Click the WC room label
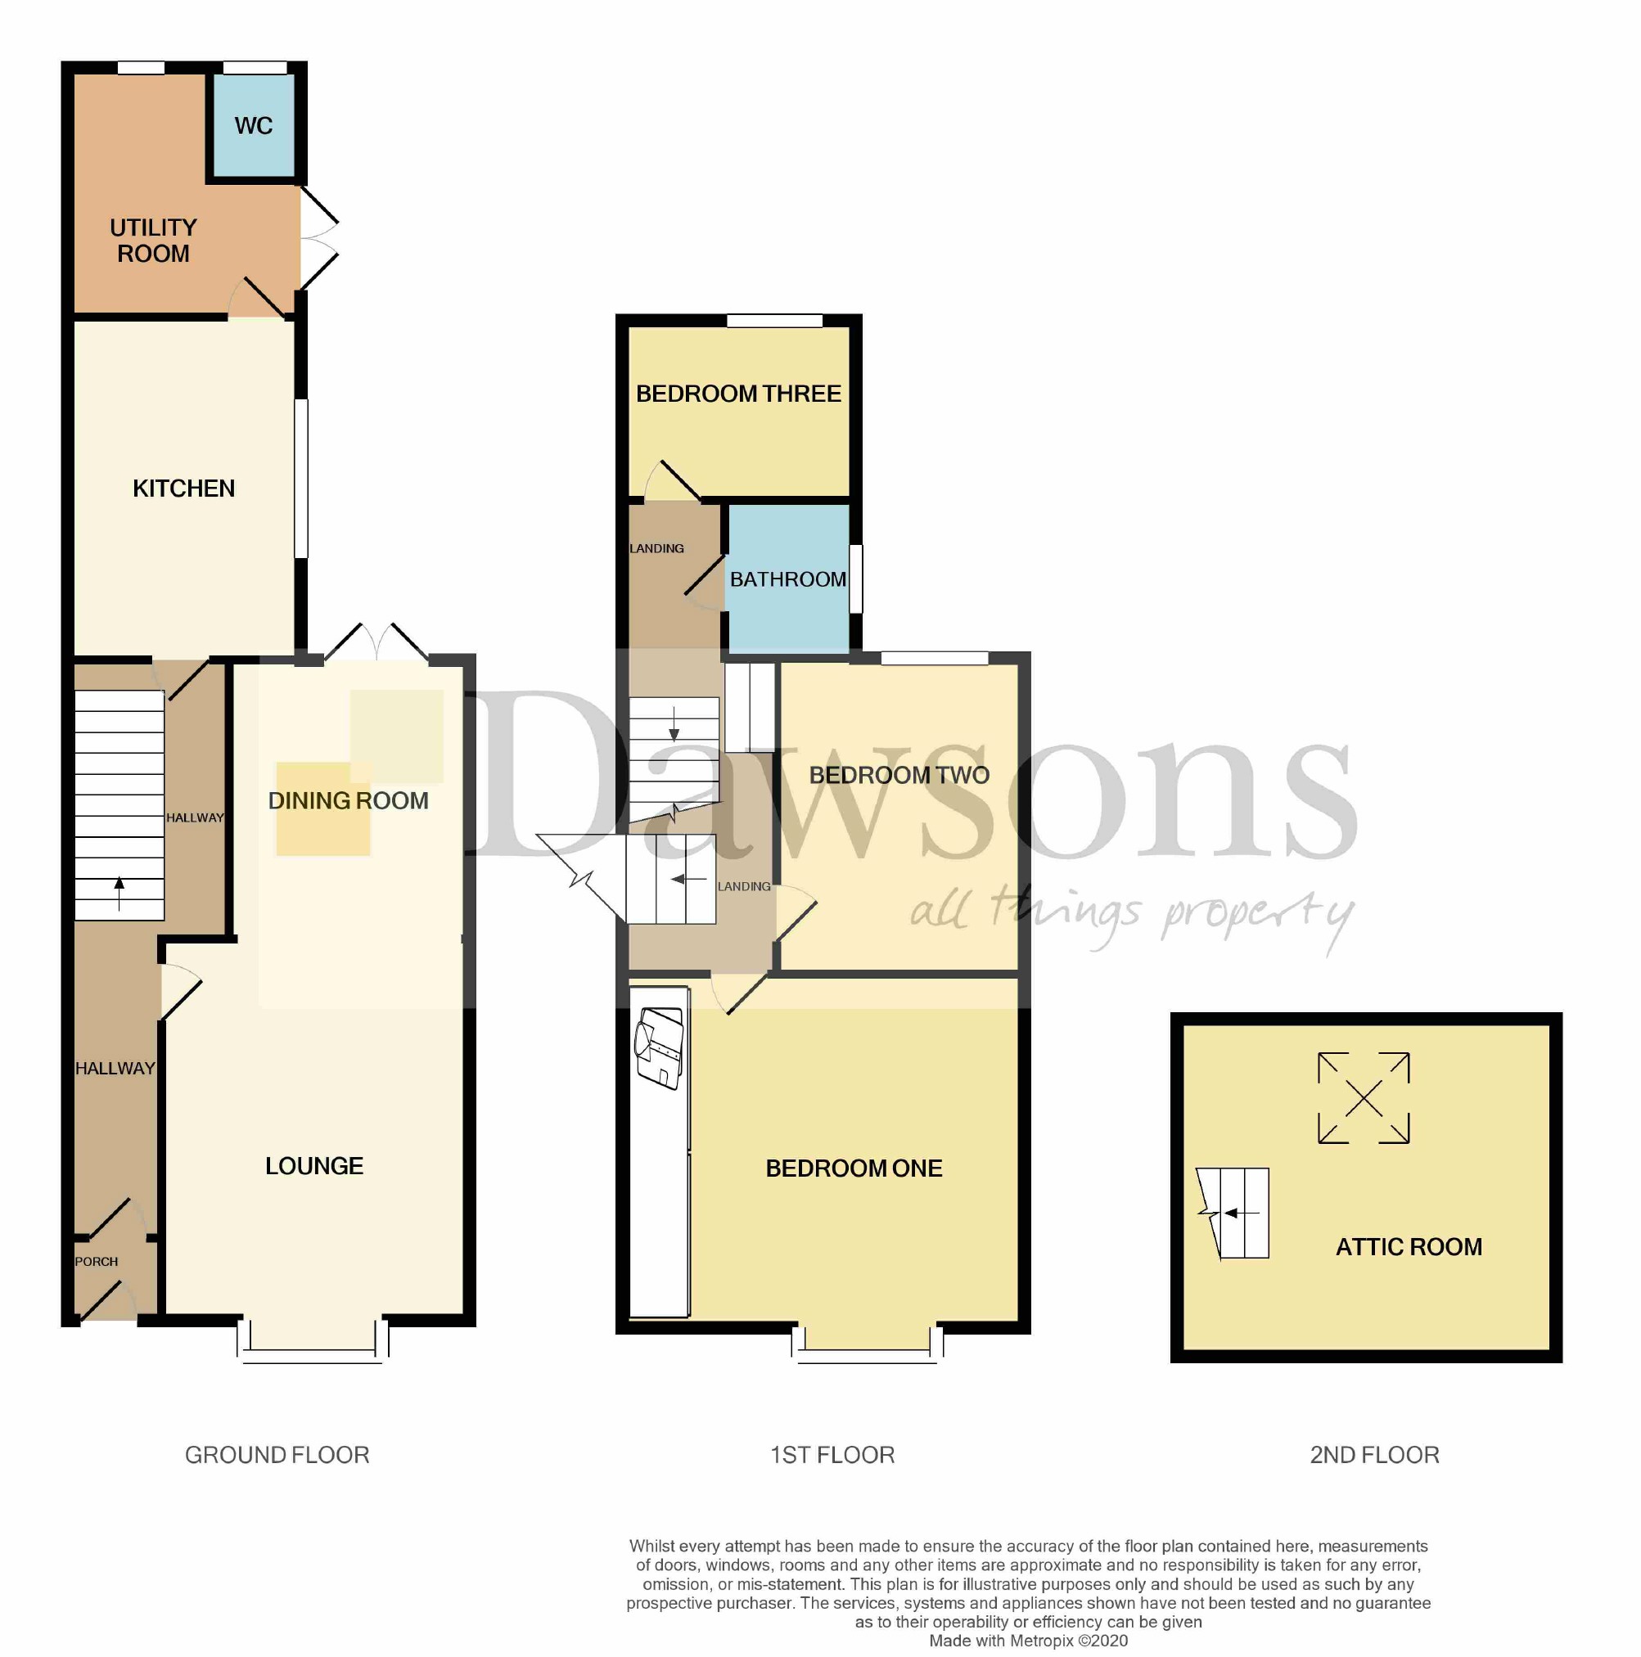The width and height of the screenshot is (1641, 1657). click(253, 126)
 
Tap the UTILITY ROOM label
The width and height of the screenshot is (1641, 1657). click(154, 241)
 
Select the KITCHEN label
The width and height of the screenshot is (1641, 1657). click(183, 489)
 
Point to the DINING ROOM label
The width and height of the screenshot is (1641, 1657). click(349, 801)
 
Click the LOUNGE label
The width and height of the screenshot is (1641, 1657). click(314, 1166)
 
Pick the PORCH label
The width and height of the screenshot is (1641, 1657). click(96, 1262)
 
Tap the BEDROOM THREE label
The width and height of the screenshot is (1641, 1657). click(738, 394)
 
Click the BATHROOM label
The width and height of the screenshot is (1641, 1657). click(787, 580)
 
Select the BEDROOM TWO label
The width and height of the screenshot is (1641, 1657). click(899, 776)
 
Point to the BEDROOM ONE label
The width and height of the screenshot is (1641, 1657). click(854, 1168)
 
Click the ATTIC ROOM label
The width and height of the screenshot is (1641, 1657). click(1409, 1247)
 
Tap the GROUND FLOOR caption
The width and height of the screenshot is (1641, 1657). click(277, 1456)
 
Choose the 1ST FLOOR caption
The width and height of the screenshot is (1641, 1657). click(832, 1456)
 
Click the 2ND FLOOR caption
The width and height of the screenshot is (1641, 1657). click(1374, 1456)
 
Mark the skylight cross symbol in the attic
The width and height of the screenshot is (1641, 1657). click(1363, 1099)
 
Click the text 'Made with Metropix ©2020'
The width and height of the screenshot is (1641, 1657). click(1029, 1641)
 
